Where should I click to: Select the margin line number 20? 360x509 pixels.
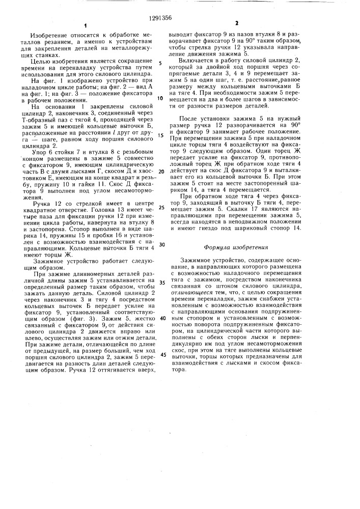point(161,172)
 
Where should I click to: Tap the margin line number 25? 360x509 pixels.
point(161,207)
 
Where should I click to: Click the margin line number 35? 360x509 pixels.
point(161,281)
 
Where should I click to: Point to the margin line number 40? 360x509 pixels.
point(161,317)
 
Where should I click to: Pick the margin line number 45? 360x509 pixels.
point(161,354)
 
